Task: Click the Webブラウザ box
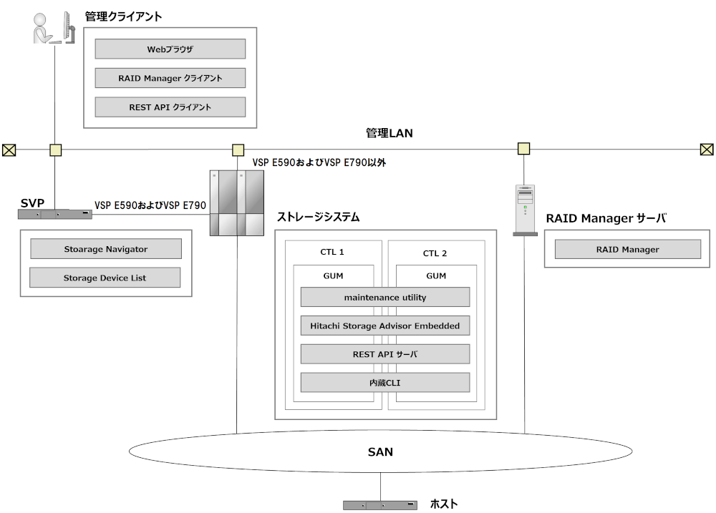click(x=170, y=49)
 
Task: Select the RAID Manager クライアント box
click(x=170, y=78)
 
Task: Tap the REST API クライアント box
click(x=170, y=107)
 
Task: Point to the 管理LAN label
click(x=389, y=133)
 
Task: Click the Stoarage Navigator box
click(x=105, y=249)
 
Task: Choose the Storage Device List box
click(x=105, y=278)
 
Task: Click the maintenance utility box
click(x=385, y=297)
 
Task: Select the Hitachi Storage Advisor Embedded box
click(x=385, y=326)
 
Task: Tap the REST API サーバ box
click(x=385, y=354)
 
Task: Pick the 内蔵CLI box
click(x=385, y=383)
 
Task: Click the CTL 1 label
click(x=332, y=253)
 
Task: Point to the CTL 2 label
click(x=435, y=253)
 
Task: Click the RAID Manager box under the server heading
click(x=627, y=250)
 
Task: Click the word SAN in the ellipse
click(x=380, y=451)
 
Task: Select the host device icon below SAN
click(x=380, y=505)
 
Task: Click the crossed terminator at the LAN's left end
click(x=9, y=150)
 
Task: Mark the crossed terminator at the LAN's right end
click(x=707, y=150)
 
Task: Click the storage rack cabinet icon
click(x=236, y=203)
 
